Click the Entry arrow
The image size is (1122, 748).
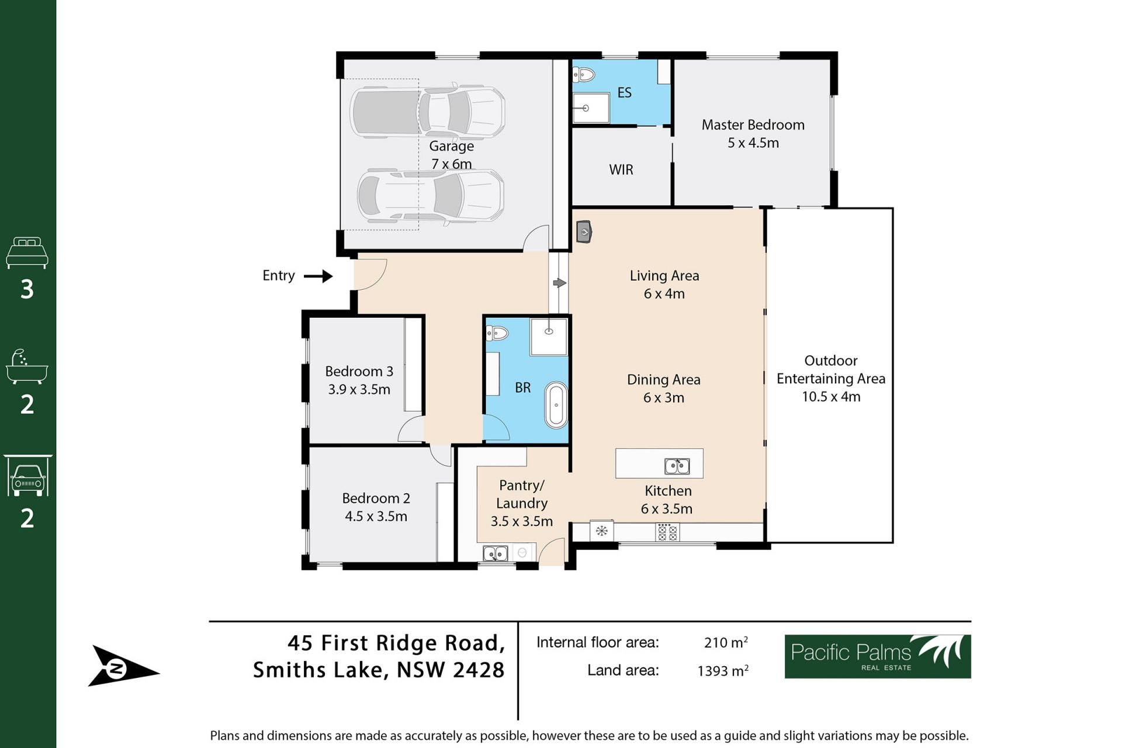tap(318, 276)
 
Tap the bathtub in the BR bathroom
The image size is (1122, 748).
tap(556, 404)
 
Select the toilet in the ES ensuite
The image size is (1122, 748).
tap(583, 75)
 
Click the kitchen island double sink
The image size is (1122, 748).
tap(677, 466)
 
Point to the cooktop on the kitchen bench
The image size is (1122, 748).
tap(667, 532)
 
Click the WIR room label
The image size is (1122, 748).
tap(621, 170)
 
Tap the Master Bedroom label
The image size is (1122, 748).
tap(753, 125)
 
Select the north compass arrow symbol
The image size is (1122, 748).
tap(123, 667)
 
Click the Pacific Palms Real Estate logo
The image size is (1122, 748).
tap(877, 656)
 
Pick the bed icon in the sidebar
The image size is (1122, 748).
tap(27, 252)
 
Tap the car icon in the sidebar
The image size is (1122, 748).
tap(27, 476)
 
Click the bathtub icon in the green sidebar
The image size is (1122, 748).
tap(27, 367)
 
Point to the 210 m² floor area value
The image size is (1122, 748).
tap(726, 642)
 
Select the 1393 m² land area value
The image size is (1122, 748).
tap(723, 670)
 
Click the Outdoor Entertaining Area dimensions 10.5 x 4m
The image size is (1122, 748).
tap(831, 397)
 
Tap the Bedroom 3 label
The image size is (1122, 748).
tap(359, 372)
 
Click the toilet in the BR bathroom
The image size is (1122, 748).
tap(497, 334)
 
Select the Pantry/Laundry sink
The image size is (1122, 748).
tap(496, 553)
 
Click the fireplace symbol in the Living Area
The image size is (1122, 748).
tap(584, 232)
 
